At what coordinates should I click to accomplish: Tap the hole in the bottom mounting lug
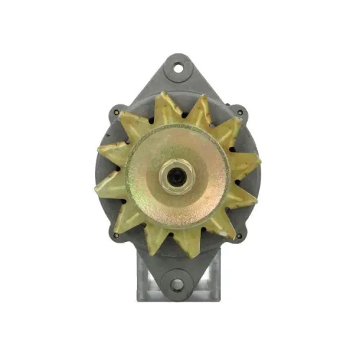(176, 284)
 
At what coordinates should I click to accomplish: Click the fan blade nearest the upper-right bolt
(225, 130)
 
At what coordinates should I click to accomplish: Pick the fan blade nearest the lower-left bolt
(124, 218)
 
